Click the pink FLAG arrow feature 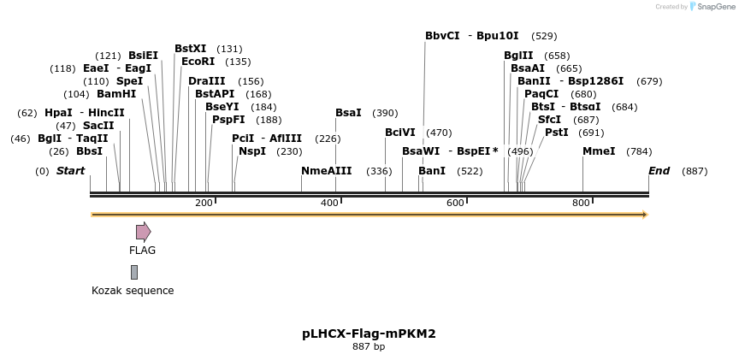(x=143, y=231)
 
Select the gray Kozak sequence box (x=134, y=272)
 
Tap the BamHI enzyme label (x=116, y=94)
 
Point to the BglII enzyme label (x=518, y=56)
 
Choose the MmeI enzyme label (x=599, y=151)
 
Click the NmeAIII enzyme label (x=326, y=170)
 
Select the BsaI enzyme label (x=348, y=113)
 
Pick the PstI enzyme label (x=556, y=133)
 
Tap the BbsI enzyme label (x=89, y=151)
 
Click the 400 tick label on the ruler (x=329, y=203)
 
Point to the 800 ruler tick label (x=581, y=203)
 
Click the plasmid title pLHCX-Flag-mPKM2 (x=369, y=333)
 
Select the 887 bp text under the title (x=369, y=347)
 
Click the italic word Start (x=70, y=171)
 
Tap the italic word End (x=659, y=171)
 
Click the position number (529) (x=544, y=36)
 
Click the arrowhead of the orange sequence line (x=645, y=215)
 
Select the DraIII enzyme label (x=207, y=81)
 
